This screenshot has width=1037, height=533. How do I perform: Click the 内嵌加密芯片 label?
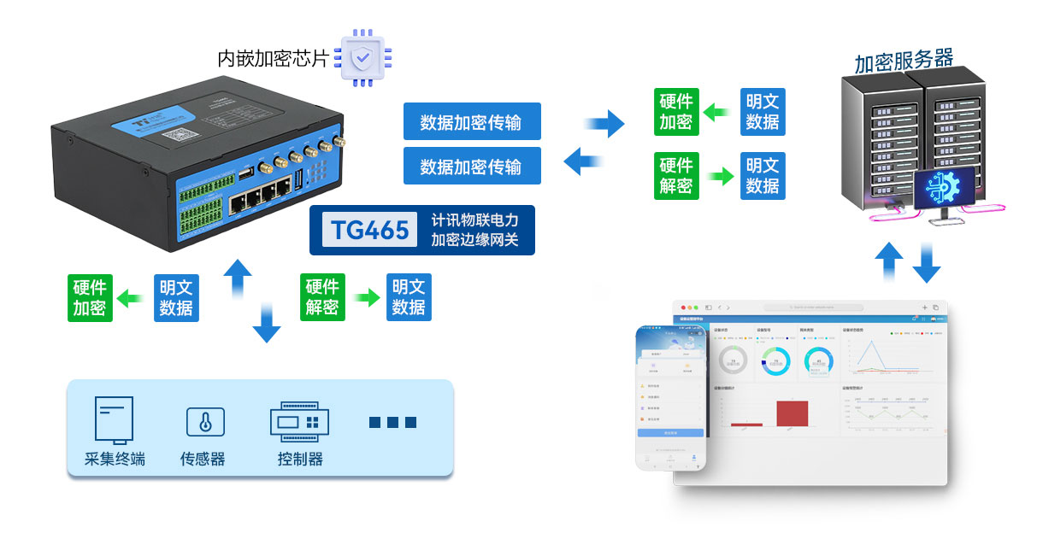pyautogui.click(x=273, y=58)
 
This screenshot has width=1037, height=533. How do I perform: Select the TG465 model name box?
pyautogui.click(x=370, y=230)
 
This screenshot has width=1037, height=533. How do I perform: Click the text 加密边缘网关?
pyautogui.click(x=474, y=240)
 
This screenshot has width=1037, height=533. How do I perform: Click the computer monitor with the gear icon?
pyautogui.click(x=945, y=190)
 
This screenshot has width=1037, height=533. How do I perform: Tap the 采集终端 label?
pyautogui.click(x=115, y=459)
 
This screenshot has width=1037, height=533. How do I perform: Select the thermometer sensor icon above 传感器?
pyautogui.click(x=205, y=422)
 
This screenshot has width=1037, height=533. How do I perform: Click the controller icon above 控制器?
pyautogui.click(x=299, y=421)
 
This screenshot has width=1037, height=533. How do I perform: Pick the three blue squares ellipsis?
pyautogui.click(x=392, y=422)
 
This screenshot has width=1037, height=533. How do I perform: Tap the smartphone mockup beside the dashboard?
pyautogui.click(x=670, y=399)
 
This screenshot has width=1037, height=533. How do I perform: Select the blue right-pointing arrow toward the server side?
pyautogui.click(x=605, y=123)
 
